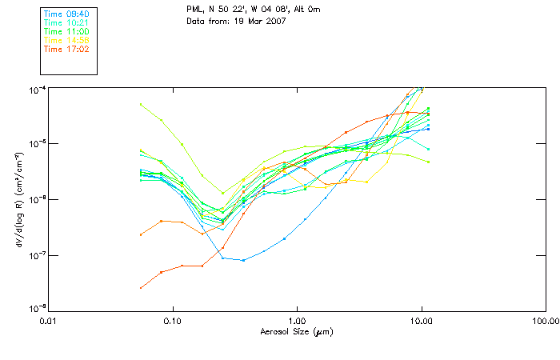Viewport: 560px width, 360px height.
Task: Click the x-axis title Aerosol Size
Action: (x=296, y=331)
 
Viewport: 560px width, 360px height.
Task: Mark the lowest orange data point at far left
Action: (x=141, y=288)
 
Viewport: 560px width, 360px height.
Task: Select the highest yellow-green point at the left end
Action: (x=141, y=104)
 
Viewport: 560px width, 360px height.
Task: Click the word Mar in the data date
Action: (x=252, y=20)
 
